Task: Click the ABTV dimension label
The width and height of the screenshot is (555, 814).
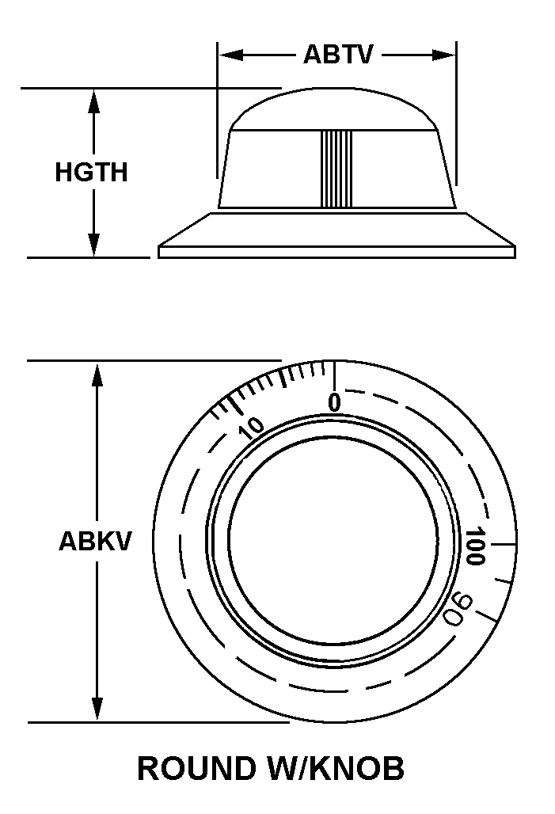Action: click(x=337, y=55)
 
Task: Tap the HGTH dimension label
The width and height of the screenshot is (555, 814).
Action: click(x=91, y=172)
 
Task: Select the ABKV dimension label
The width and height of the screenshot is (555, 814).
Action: click(x=95, y=542)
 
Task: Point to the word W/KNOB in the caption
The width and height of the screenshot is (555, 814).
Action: click(x=344, y=769)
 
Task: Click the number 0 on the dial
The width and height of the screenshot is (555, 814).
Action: click(x=334, y=403)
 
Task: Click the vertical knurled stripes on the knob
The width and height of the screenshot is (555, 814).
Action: click(x=336, y=169)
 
